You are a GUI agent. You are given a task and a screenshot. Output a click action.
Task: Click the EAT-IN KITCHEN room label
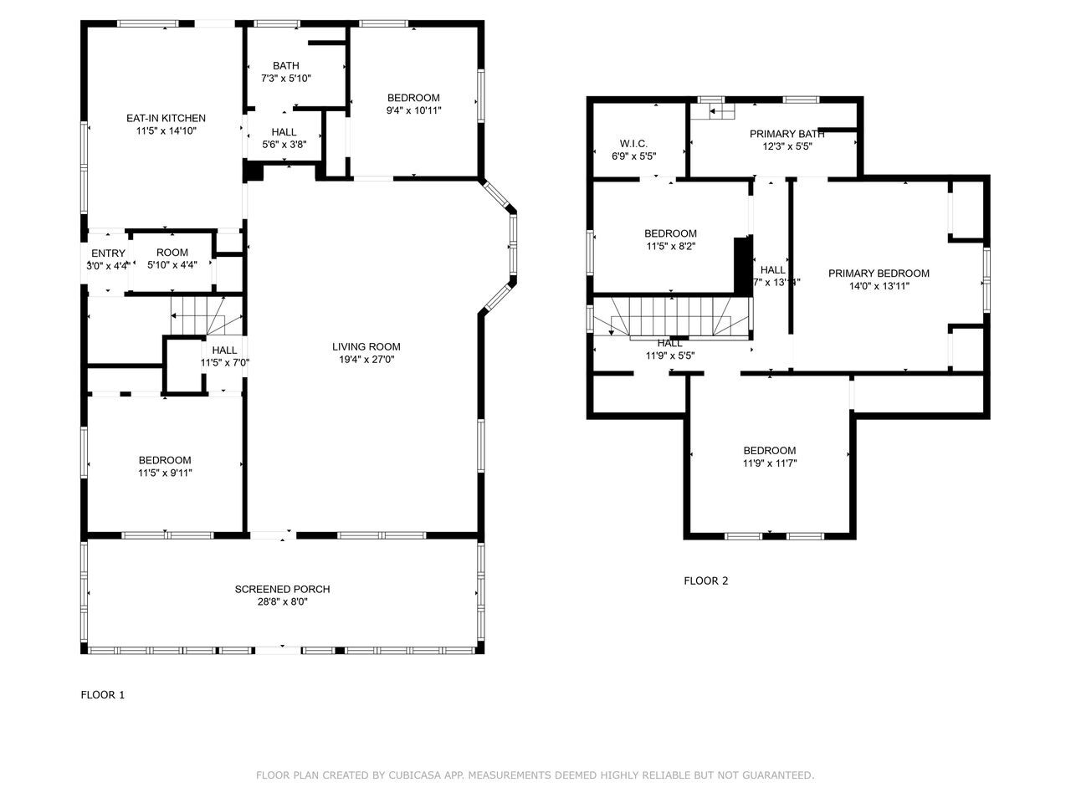[166, 118]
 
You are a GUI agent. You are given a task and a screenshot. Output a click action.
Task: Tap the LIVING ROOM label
[366, 346]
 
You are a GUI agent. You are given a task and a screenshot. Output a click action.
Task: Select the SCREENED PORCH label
[282, 589]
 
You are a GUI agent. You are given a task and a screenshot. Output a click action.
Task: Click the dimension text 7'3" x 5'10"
[285, 79]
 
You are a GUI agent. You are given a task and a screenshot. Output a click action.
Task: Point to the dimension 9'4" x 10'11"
[413, 110]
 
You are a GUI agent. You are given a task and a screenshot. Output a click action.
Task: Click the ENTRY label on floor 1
[108, 253]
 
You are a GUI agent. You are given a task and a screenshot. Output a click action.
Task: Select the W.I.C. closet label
[633, 144]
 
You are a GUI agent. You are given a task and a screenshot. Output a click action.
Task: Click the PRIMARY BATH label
[787, 134]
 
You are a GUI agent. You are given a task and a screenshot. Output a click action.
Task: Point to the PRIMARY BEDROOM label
[879, 274]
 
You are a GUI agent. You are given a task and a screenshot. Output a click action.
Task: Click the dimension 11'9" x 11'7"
[769, 463]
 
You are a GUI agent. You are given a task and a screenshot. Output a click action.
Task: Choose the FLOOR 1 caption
[102, 694]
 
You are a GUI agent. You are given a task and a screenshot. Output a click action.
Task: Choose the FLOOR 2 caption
[705, 581]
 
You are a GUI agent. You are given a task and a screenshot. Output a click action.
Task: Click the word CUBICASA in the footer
[414, 775]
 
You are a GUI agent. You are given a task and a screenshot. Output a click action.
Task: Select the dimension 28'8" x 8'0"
[282, 601]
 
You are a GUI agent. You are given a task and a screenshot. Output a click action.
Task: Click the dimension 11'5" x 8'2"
[670, 247]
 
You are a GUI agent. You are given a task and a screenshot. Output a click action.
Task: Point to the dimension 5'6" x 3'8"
[284, 145]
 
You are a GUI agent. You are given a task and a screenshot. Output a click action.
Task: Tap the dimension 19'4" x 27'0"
[366, 360]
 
